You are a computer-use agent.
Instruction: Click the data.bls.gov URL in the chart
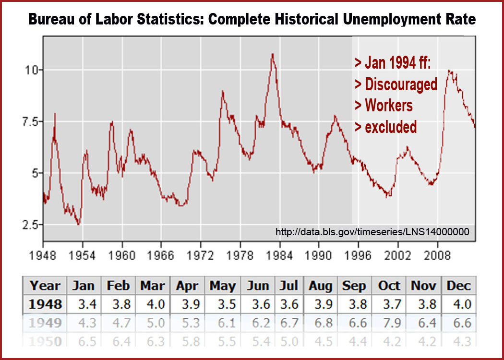(x=372, y=232)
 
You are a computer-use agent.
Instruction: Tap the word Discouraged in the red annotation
(x=401, y=84)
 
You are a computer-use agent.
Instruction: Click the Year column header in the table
(x=46, y=286)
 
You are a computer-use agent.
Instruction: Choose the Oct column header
(x=389, y=286)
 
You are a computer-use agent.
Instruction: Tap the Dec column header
(x=459, y=286)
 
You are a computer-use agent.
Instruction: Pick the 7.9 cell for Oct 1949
(x=389, y=323)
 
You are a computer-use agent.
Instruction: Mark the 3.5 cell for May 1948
(x=223, y=304)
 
